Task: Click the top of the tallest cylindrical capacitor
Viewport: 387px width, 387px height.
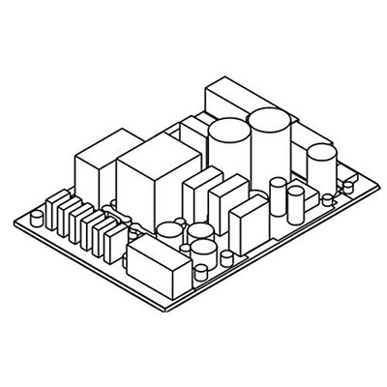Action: [x=268, y=122]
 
